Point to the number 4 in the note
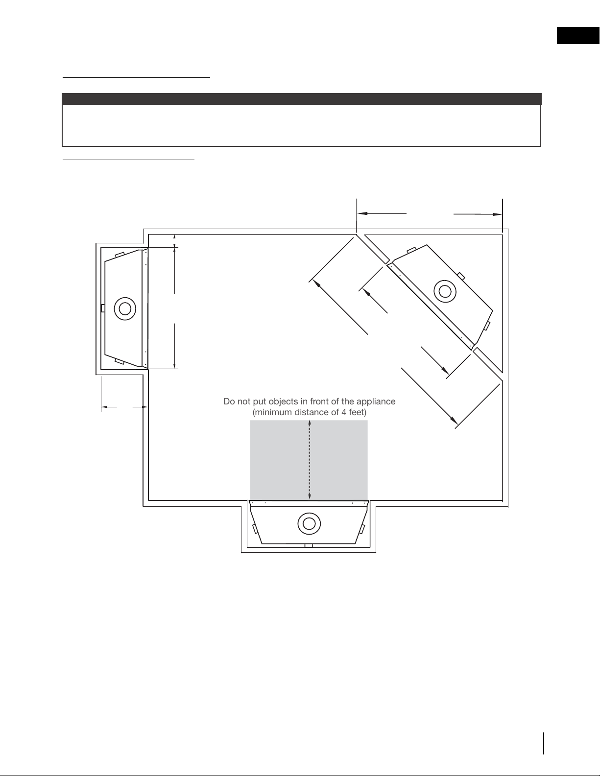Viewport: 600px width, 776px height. coord(343,412)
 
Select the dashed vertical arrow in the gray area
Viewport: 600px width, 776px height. coord(310,460)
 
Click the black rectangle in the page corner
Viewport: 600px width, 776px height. coord(578,35)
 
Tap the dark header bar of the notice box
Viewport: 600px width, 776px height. coord(301,99)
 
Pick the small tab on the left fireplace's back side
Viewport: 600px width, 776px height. coord(103,308)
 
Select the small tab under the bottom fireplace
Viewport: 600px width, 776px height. coord(309,546)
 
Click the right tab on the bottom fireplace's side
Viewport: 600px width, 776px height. coord(362,529)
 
